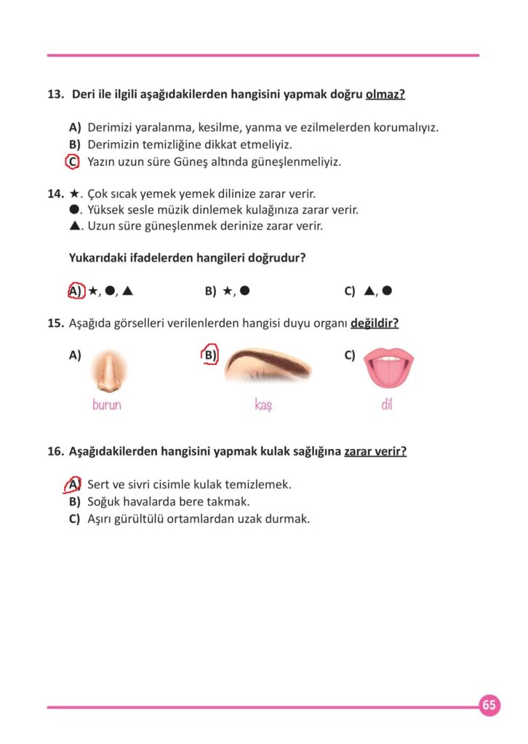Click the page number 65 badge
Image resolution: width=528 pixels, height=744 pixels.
coord(489,705)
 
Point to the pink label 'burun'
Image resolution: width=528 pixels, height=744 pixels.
coord(107,405)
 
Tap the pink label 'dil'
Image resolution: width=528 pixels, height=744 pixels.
coord(386,405)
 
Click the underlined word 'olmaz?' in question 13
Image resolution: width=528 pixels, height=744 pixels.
coord(385,94)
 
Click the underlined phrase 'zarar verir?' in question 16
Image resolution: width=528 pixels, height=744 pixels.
coord(375,451)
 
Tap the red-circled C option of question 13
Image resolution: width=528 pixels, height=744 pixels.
coord(72,161)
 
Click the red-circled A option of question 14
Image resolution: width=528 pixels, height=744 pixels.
coord(74,291)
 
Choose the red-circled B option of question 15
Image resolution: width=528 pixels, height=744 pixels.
coord(210,355)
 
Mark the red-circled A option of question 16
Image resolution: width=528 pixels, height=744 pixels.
coord(73,484)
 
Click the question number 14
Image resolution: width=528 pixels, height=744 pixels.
coord(55,194)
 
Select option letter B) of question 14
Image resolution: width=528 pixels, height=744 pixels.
coord(211,291)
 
